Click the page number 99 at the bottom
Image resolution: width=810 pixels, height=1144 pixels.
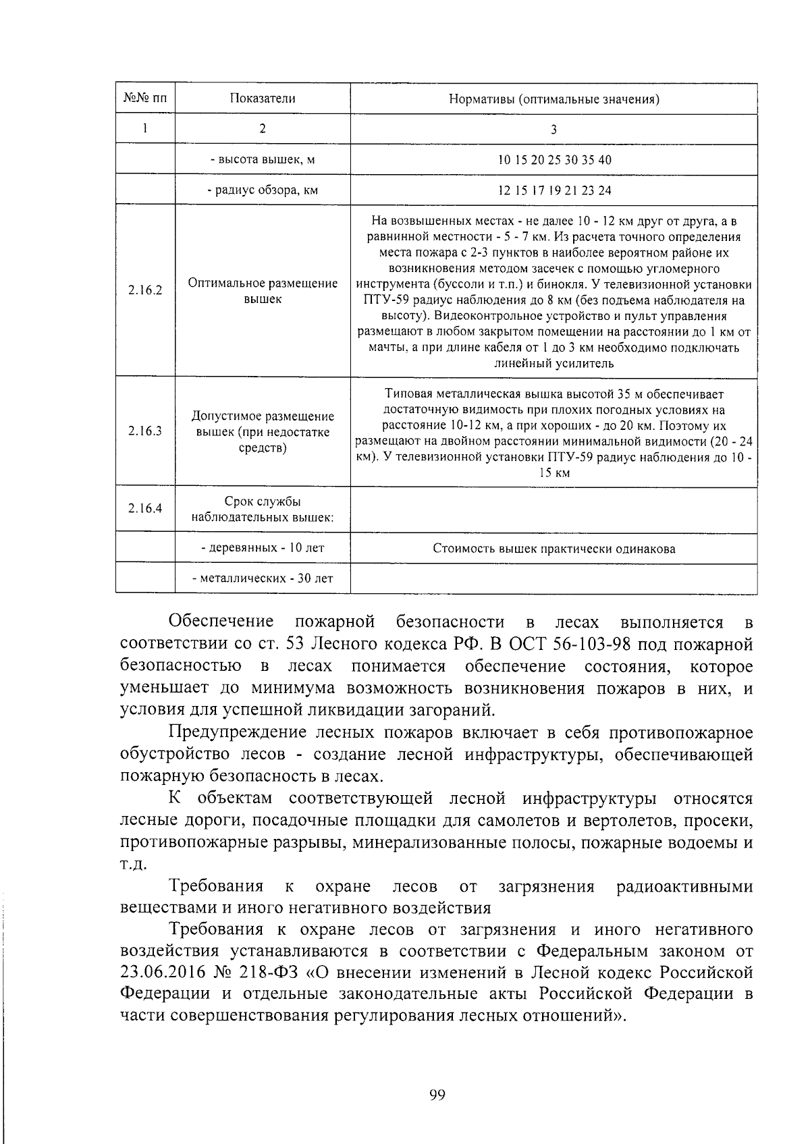click(437, 1095)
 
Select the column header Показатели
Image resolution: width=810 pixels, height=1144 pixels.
click(263, 99)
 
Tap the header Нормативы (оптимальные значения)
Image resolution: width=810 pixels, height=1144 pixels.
click(553, 100)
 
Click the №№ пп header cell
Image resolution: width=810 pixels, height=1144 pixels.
click(145, 99)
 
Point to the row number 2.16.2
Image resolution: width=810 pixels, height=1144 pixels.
click(145, 291)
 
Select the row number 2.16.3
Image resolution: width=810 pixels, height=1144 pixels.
click(145, 431)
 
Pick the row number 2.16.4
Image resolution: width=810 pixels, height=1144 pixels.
click(145, 509)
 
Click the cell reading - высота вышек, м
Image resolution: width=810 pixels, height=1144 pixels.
click(263, 159)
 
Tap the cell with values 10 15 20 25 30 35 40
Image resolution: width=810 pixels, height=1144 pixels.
click(553, 160)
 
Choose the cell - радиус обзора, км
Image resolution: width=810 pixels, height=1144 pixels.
click(263, 190)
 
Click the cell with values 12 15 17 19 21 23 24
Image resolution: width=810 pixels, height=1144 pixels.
click(553, 190)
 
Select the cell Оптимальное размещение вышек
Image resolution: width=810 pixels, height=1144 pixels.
click(263, 291)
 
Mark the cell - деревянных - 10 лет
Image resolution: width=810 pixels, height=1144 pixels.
click(263, 547)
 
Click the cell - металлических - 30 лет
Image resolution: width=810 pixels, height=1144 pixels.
click(263, 578)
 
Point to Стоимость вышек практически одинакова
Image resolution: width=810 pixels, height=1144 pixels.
click(553, 549)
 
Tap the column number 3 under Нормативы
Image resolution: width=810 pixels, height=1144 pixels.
click(553, 130)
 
